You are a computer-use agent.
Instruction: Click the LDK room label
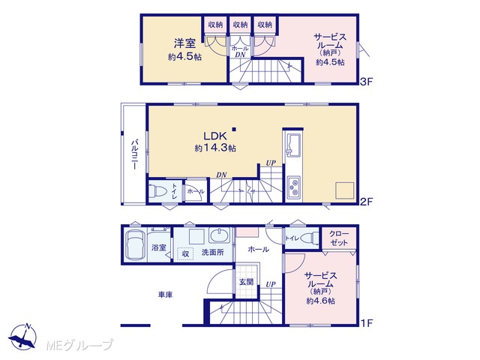click(215, 136)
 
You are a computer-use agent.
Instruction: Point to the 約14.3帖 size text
click(215, 148)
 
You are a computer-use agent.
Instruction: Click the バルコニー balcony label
click(134, 154)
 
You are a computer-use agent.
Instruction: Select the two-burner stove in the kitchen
click(294, 187)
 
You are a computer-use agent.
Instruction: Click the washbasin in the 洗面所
click(218, 235)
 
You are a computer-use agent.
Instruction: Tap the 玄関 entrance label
click(247, 282)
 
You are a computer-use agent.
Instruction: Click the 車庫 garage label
click(165, 295)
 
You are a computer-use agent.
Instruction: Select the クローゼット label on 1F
click(339, 238)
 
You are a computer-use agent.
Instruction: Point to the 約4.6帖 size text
click(320, 301)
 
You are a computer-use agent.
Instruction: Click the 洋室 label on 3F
click(184, 43)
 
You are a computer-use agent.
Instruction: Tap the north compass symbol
click(23, 336)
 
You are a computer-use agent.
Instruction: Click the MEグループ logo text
click(79, 346)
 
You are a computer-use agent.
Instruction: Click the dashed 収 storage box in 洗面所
click(185, 253)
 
